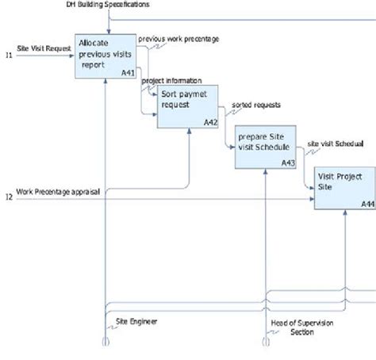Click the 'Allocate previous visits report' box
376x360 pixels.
tap(106, 56)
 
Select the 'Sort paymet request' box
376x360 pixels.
tap(187, 107)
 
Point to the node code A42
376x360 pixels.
tap(210, 122)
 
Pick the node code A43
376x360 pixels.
tap(288, 163)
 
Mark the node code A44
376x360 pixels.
tap(367, 204)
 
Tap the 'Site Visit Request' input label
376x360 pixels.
tap(44, 48)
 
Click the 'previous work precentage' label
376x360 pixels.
tap(178, 39)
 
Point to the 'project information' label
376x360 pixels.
tap(171, 80)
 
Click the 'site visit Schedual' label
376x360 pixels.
tap(335, 144)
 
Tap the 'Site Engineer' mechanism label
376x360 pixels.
tap(136, 321)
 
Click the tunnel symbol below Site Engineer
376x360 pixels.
tap(104, 343)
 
